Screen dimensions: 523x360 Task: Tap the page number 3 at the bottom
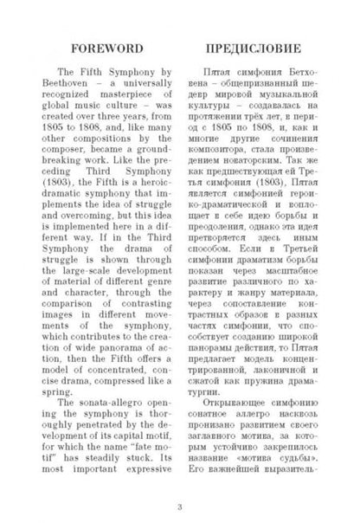coord(179,507)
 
